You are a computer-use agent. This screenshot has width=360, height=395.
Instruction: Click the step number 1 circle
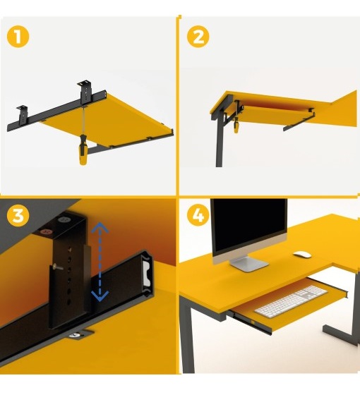[x=18, y=37]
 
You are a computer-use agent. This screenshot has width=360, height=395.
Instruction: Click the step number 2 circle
[x=198, y=37]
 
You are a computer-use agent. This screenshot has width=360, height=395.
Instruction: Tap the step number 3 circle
[x=18, y=216]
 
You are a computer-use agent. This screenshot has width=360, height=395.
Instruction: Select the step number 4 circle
[x=198, y=216]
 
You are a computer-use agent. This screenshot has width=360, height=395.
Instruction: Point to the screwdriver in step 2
[x=236, y=125]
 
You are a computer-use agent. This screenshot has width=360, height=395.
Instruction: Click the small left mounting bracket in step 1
[x=22, y=114]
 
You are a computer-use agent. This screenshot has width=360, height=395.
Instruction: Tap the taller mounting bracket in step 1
[x=85, y=92]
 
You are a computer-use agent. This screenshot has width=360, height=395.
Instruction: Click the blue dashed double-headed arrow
[x=100, y=262]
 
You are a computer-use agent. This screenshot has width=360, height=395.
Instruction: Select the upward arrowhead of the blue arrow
[x=100, y=226]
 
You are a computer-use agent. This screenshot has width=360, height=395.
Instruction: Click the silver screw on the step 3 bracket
[x=58, y=267]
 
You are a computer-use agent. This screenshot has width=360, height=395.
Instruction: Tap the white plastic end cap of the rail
[x=146, y=272]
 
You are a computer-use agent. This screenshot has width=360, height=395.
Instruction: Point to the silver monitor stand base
[x=250, y=264]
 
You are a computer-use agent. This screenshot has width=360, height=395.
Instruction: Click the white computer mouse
[x=302, y=255]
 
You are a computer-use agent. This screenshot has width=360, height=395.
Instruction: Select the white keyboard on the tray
[x=291, y=302]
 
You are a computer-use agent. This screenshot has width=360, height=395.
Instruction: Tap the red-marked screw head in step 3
[x=47, y=231]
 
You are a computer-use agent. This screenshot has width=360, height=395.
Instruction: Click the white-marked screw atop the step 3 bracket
[x=64, y=219]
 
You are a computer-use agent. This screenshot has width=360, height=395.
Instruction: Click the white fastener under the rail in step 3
[x=75, y=335]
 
